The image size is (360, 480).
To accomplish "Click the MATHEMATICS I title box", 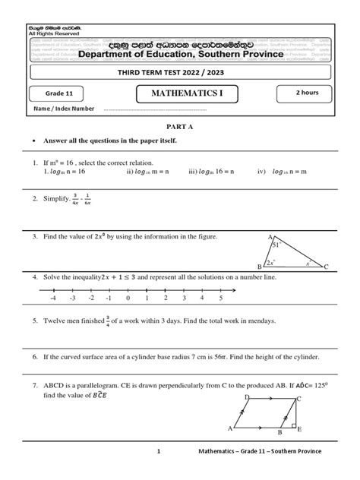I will [182, 93].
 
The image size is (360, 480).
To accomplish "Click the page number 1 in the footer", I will [159, 452].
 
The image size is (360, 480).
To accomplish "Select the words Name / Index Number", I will [64, 109].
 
